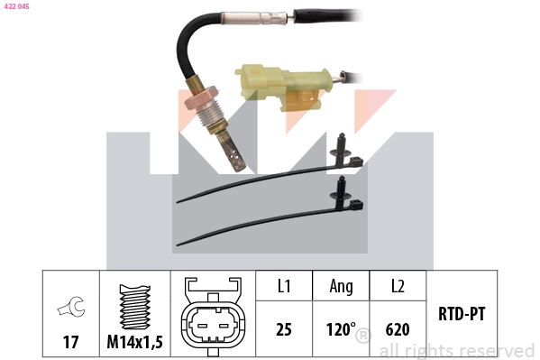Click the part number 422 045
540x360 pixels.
(x=18, y=5)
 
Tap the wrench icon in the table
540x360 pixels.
(x=69, y=309)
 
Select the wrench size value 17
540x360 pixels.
(x=69, y=342)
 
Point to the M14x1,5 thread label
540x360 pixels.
(x=134, y=342)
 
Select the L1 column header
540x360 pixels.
(x=283, y=287)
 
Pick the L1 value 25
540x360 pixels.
(x=283, y=329)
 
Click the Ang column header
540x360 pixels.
(x=341, y=287)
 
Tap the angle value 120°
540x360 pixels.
(x=341, y=329)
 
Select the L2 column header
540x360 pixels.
(x=398, y=287)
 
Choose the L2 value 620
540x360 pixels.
(x=398, y=329)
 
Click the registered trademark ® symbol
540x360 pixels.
(x=362, y=337)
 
